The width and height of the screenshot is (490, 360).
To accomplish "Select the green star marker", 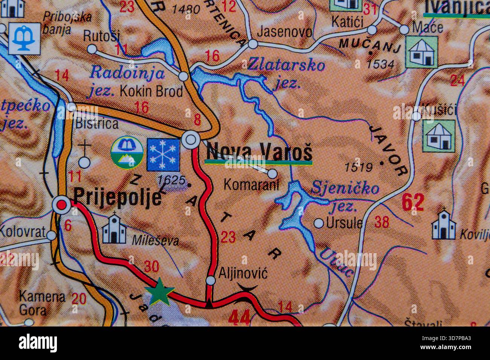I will [x=159, y=291].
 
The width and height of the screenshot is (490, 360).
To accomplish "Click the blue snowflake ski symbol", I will [x=163, y=154].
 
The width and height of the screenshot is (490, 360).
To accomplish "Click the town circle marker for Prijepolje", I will [x=61, y=204].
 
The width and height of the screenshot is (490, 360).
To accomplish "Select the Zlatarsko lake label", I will [x=286, y=65].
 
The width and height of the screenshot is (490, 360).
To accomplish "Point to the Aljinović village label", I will [x=243, y=273].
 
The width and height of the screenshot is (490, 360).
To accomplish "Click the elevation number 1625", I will [x=171, y=181].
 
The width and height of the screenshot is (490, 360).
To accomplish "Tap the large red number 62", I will [x=413, y=202].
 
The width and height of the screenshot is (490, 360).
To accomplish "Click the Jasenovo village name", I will [x=285, y=32].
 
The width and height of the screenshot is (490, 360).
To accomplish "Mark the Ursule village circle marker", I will [x=319, y=223].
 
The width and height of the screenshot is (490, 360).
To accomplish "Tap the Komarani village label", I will [x=251, y=184].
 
